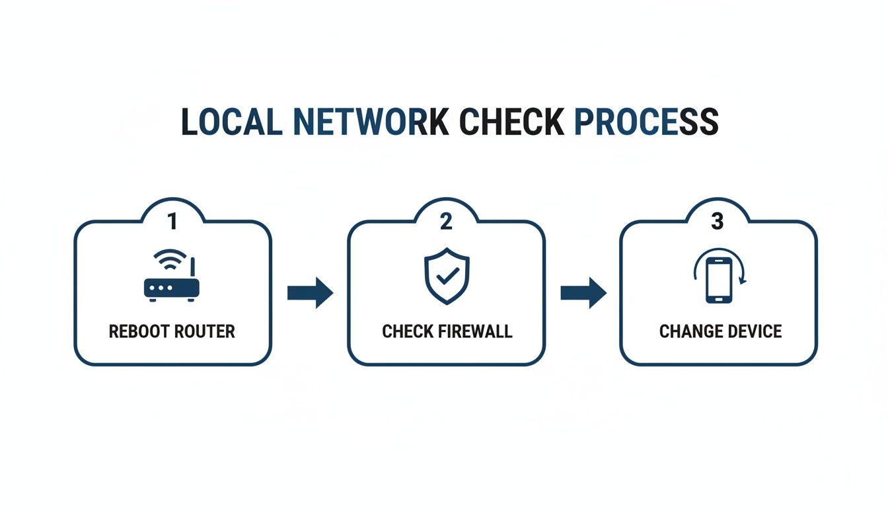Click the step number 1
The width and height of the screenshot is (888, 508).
172,222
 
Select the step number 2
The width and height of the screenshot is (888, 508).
446,222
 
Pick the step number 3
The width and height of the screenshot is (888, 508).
718,222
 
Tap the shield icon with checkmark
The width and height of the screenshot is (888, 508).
446,276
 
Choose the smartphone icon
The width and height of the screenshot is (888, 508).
718,280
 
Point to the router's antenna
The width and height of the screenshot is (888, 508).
193,268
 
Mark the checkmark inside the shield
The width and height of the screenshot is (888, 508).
447,276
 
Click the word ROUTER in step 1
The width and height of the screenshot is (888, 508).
204,331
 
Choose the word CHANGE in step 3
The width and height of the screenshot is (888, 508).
688,331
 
